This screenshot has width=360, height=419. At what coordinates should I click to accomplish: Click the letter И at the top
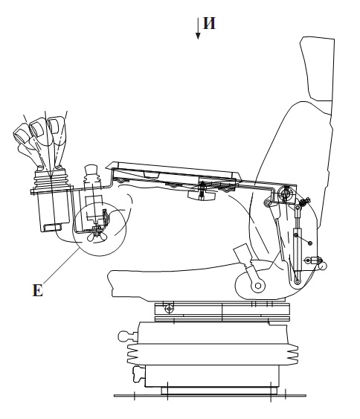pos(209,23)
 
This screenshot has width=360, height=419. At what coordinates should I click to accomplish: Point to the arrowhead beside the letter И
pos(198,36)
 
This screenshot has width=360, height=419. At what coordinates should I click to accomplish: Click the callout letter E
pos(37,290)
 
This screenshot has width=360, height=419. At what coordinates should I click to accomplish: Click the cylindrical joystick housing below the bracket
pos(54,211)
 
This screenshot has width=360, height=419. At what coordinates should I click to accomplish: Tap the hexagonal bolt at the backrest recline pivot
pos(257,286)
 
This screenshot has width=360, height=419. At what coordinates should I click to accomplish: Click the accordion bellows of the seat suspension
pos(212,354)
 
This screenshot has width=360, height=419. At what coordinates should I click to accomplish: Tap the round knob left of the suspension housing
pos(123,336)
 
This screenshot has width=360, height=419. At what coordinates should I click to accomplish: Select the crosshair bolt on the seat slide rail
pos(169,309)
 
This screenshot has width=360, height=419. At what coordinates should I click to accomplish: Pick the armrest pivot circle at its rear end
pos(285,193)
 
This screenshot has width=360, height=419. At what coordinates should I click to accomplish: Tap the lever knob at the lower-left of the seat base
pos(139,374)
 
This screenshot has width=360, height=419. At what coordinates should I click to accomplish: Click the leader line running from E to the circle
pos(61,265)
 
